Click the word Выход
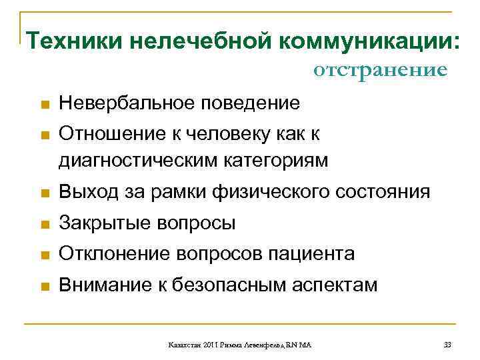click(x=86, y=193)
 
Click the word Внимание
click(x=101, y=285)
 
